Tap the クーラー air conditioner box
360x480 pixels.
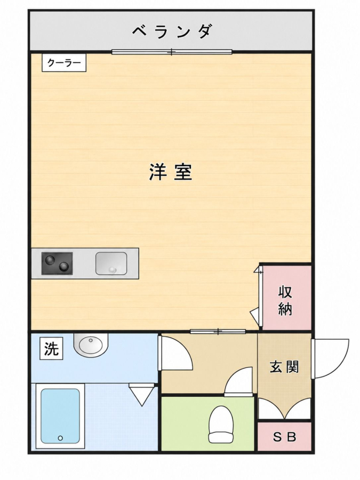click(64, 63)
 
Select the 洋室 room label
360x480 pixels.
click(171, 172)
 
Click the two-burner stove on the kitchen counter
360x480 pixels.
click(57, 263)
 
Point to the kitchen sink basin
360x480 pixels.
click(111, 263)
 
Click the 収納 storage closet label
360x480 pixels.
click(285, 301)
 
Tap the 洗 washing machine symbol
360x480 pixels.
click(51, 348)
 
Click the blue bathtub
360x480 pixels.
click(60, 416)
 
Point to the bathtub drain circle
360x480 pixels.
click(60, 438)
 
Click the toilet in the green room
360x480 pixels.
click(221, 423)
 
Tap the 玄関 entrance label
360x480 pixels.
click(284, 366)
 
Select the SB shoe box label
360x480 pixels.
click(284, 437)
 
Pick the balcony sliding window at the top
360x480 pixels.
click(172, 52)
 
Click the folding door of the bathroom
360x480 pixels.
click(141, 394)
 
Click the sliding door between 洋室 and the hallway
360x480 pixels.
click(218, 331)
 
